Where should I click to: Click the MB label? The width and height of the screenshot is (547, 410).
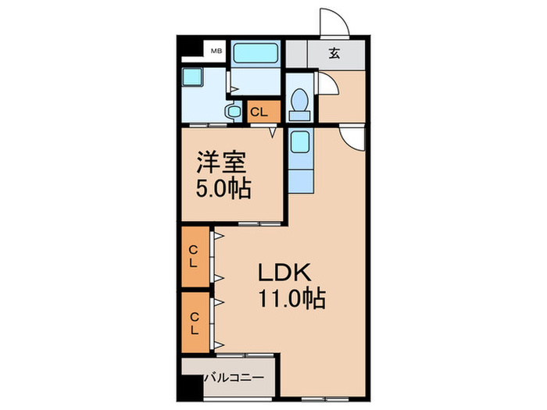[x=213, y=52]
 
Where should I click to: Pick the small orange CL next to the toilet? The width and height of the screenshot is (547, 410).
[x=259, y=112]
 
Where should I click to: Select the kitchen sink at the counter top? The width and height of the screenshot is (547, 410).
[x=299, y=144]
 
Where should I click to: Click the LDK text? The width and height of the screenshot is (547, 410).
[x=286, y=273]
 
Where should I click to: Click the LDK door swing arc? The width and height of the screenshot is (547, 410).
[x=353, y=137]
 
